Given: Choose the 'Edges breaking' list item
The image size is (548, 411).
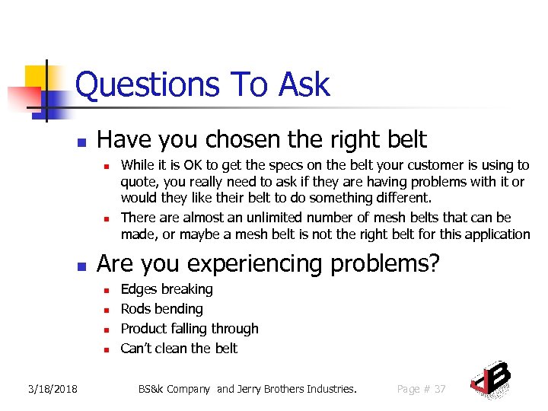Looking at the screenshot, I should click(x=167, y=289).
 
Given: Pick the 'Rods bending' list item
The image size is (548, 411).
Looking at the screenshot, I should click(x=161, y=309).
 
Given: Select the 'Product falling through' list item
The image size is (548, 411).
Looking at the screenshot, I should click(x=190, y=329).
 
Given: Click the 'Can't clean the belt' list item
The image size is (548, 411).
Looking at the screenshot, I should click(x=179, y=349).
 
